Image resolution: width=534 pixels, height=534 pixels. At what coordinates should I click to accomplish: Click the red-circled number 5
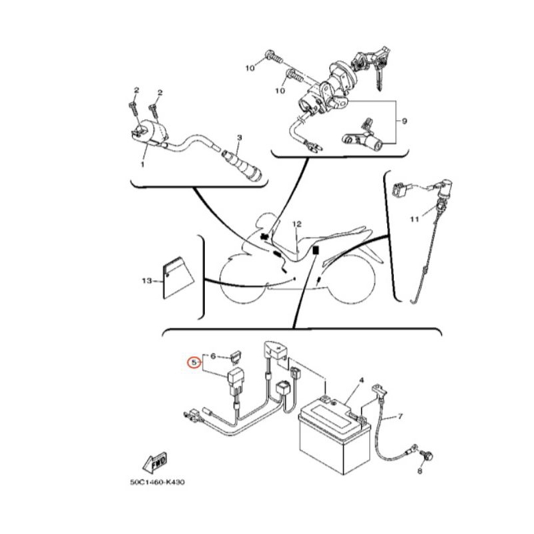(194, 362)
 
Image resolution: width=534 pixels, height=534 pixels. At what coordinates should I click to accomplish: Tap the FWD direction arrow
(155, 463)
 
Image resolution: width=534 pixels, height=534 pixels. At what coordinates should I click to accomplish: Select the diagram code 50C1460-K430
(157, 482)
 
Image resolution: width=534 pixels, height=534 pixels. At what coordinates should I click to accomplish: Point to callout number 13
(147, 281)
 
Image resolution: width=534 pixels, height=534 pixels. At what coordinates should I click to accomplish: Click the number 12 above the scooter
(297, 224)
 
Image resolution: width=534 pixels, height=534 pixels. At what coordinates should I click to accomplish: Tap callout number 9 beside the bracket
(405, 121)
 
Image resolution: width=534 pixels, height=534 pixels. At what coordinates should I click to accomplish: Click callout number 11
(414, 219)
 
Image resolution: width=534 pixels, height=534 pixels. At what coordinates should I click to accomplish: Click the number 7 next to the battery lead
(400, 416)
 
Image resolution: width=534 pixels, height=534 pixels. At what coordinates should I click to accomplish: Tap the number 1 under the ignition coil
(143, 164)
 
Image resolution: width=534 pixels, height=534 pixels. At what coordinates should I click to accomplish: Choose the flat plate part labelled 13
(177, 278)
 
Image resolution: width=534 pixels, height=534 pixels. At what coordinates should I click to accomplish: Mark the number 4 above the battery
(362, 380)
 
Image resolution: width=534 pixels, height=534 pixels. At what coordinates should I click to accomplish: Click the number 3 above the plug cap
(240, 138)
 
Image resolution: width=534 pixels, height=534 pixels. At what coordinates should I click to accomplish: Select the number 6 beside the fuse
(213, 356)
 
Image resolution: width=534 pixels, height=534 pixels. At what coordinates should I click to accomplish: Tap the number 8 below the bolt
(420, 471)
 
